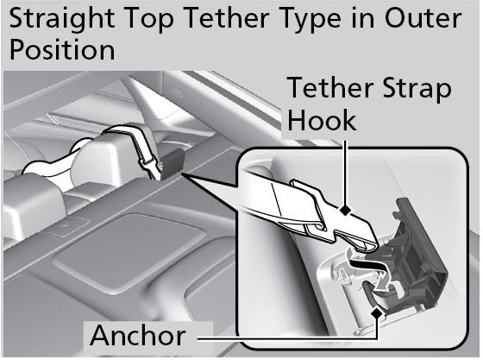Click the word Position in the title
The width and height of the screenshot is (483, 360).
60,50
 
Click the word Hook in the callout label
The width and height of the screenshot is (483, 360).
322,120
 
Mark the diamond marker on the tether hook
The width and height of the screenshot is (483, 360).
346,210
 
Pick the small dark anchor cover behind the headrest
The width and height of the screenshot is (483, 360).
172,161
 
